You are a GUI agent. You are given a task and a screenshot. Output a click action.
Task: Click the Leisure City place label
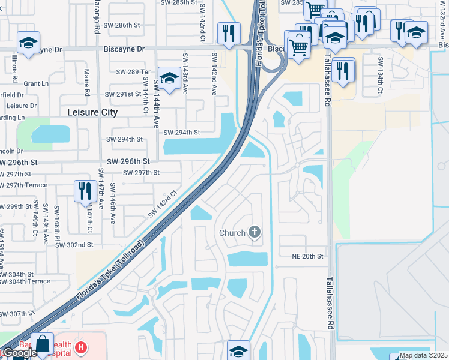pos(92,112)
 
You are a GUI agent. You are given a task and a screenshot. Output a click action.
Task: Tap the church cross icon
pos(255,232)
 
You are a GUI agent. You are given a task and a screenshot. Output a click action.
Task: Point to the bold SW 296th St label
pos(128,161)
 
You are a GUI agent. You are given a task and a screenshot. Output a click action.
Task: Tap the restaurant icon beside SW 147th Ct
pos(83,191)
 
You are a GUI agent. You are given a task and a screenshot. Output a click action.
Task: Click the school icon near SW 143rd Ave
pos(170,79)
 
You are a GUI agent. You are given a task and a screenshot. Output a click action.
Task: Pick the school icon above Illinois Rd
pos(28,43)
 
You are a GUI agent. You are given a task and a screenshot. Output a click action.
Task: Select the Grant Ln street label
pos(36,83)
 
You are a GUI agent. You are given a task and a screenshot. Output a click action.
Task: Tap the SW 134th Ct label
pos(380,76)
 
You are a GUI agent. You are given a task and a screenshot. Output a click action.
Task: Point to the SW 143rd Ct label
pos(163,204)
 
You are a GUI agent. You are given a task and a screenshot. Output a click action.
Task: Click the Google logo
pos(19,353)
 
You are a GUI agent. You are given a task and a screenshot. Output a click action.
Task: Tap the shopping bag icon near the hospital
pos(43,344)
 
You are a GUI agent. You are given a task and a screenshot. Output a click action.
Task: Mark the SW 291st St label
pos(122,94)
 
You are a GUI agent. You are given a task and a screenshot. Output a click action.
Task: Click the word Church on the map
pos(232,233)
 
